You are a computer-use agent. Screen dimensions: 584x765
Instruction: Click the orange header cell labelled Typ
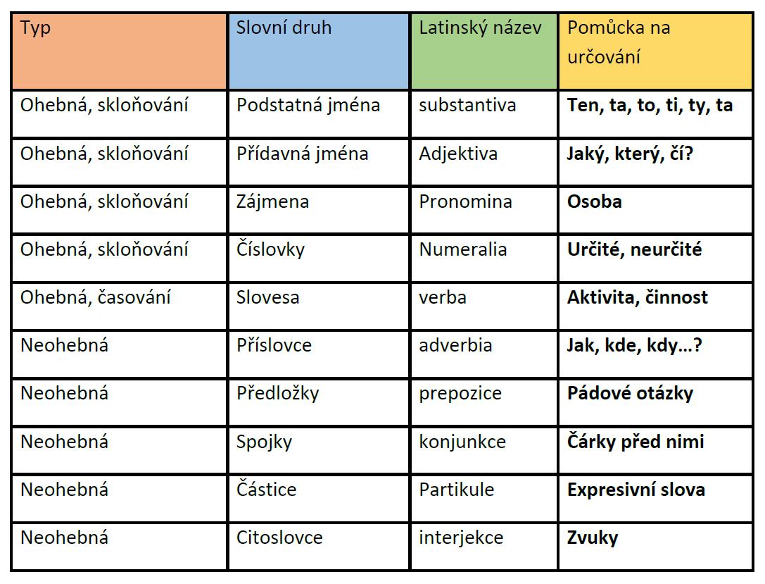coord(118,50)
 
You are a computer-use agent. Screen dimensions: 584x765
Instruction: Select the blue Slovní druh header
coord(318,50)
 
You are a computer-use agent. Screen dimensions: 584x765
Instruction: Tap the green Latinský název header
coord(483,50)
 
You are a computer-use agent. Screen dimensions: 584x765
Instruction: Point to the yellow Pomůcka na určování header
coord(655,50)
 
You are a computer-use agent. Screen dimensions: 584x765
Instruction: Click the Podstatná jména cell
coord(308,106)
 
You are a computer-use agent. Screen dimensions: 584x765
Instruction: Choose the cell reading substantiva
coord(467,106)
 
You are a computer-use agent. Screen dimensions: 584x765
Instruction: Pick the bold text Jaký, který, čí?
coord(630,154)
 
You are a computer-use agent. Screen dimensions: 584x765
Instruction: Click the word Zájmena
coord(272,202)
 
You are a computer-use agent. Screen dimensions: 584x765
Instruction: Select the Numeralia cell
coord(462,249)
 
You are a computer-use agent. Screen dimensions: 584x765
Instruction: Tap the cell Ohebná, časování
coord(96,297)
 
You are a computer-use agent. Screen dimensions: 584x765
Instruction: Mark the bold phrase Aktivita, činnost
coord(637,297)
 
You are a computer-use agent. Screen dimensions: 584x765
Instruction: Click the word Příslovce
coord(274,346)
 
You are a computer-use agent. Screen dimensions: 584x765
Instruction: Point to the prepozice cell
coord(460,393)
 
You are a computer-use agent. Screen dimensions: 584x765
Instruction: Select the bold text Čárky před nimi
coord(635,442)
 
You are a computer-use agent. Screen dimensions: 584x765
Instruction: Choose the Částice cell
coord(266,490)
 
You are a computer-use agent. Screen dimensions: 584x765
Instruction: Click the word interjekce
coord(461,538)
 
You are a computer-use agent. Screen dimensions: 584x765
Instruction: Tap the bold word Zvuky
coord(593,538)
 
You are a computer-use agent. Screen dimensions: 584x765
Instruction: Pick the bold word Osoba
coord(594,202)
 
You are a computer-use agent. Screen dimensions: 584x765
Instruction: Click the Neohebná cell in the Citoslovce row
coord(64,538)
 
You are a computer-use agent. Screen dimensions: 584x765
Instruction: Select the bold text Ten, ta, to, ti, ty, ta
coord(649,106)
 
